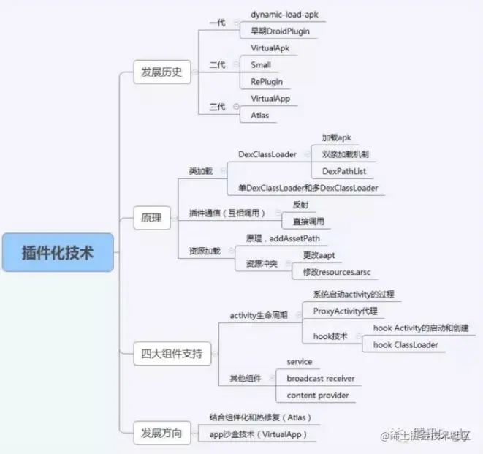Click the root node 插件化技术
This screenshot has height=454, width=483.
point(58,252)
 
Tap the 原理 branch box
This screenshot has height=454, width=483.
point(151,217)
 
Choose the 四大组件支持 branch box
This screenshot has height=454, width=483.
point(172,355)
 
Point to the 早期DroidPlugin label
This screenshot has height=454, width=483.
point(281,31)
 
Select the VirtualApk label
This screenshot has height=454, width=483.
point(270,48)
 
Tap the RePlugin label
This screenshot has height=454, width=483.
point(267,81)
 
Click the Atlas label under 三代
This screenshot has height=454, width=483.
point(261,115)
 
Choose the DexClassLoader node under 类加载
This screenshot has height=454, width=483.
point(267,154)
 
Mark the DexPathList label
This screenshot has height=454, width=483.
point(344,171)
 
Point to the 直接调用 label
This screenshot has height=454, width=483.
point(308,221)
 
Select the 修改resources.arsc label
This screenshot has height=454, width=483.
point(337,272)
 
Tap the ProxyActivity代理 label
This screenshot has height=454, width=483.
point(345,311)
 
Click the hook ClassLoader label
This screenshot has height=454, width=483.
point(406,344)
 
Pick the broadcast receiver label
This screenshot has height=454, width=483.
point(321,379)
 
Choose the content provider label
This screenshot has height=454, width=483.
point(318,396)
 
